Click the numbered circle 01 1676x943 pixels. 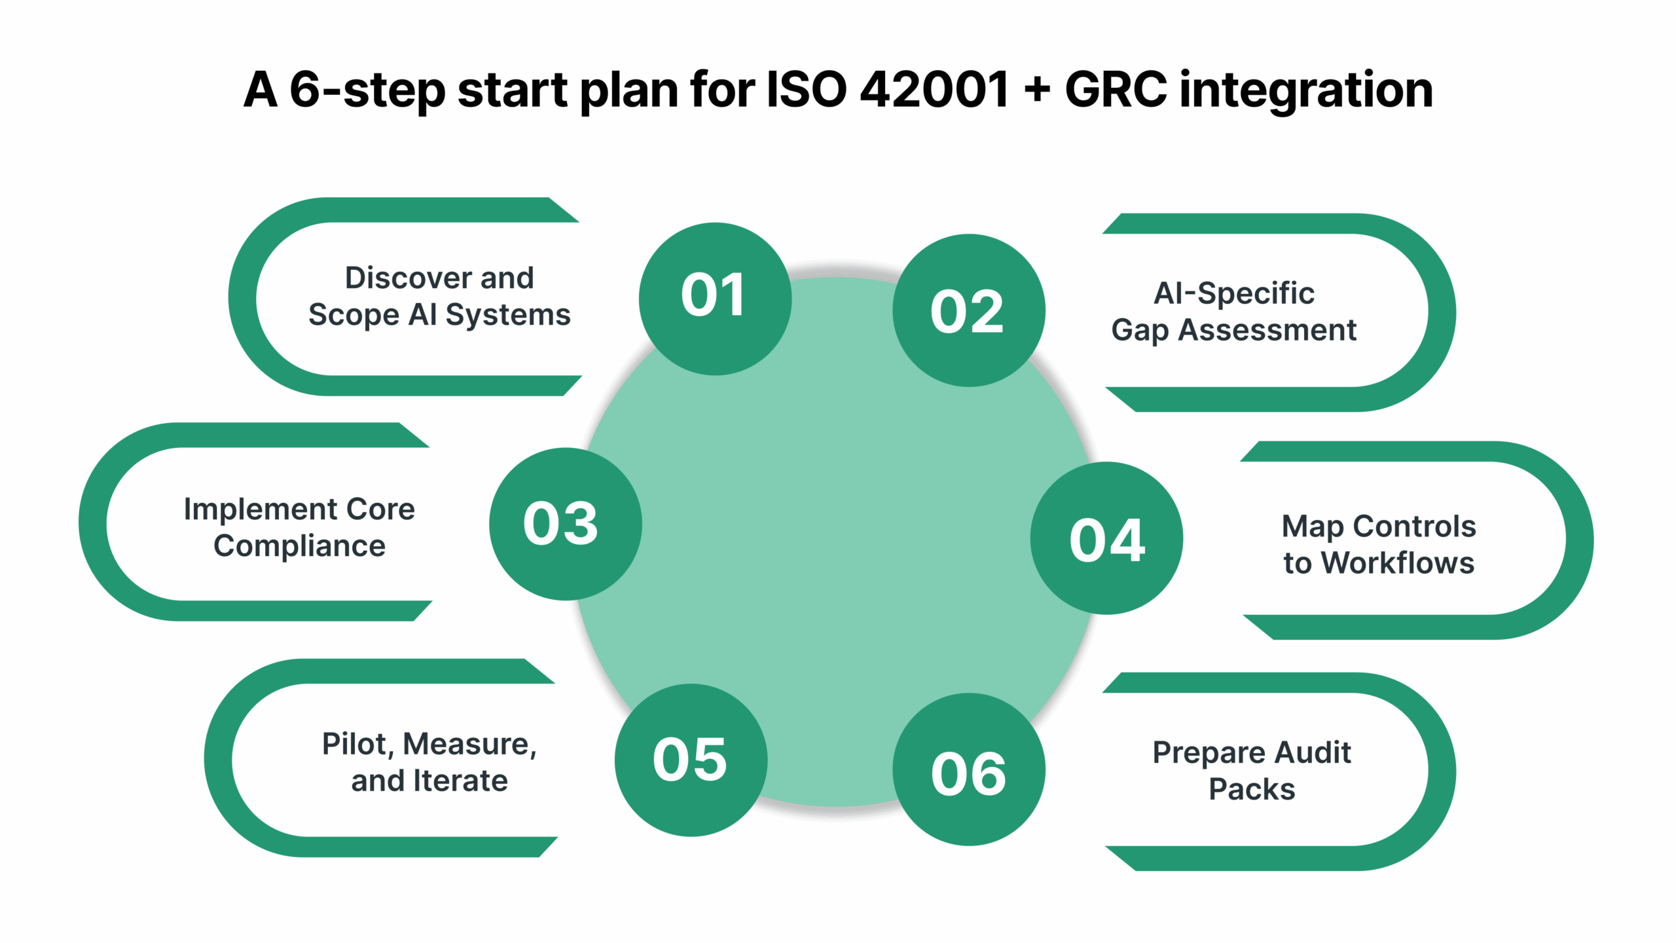(x=715, y=299)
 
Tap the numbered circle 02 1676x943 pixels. (x=968, y=310)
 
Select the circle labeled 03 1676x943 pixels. (x=565, y=524)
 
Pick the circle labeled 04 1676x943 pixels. (x=1106, y=538)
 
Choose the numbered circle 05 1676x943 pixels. (x=691, y=760)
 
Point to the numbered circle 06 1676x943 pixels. (x=968, y=769)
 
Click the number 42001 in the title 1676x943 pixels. (x=934, y=90)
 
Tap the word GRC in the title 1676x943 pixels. (x=1116, y=90)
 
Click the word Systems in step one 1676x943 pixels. (x=508, y=315)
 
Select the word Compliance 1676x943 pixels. (x=299, y=546)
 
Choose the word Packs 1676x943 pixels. (x=1251, y=790)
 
